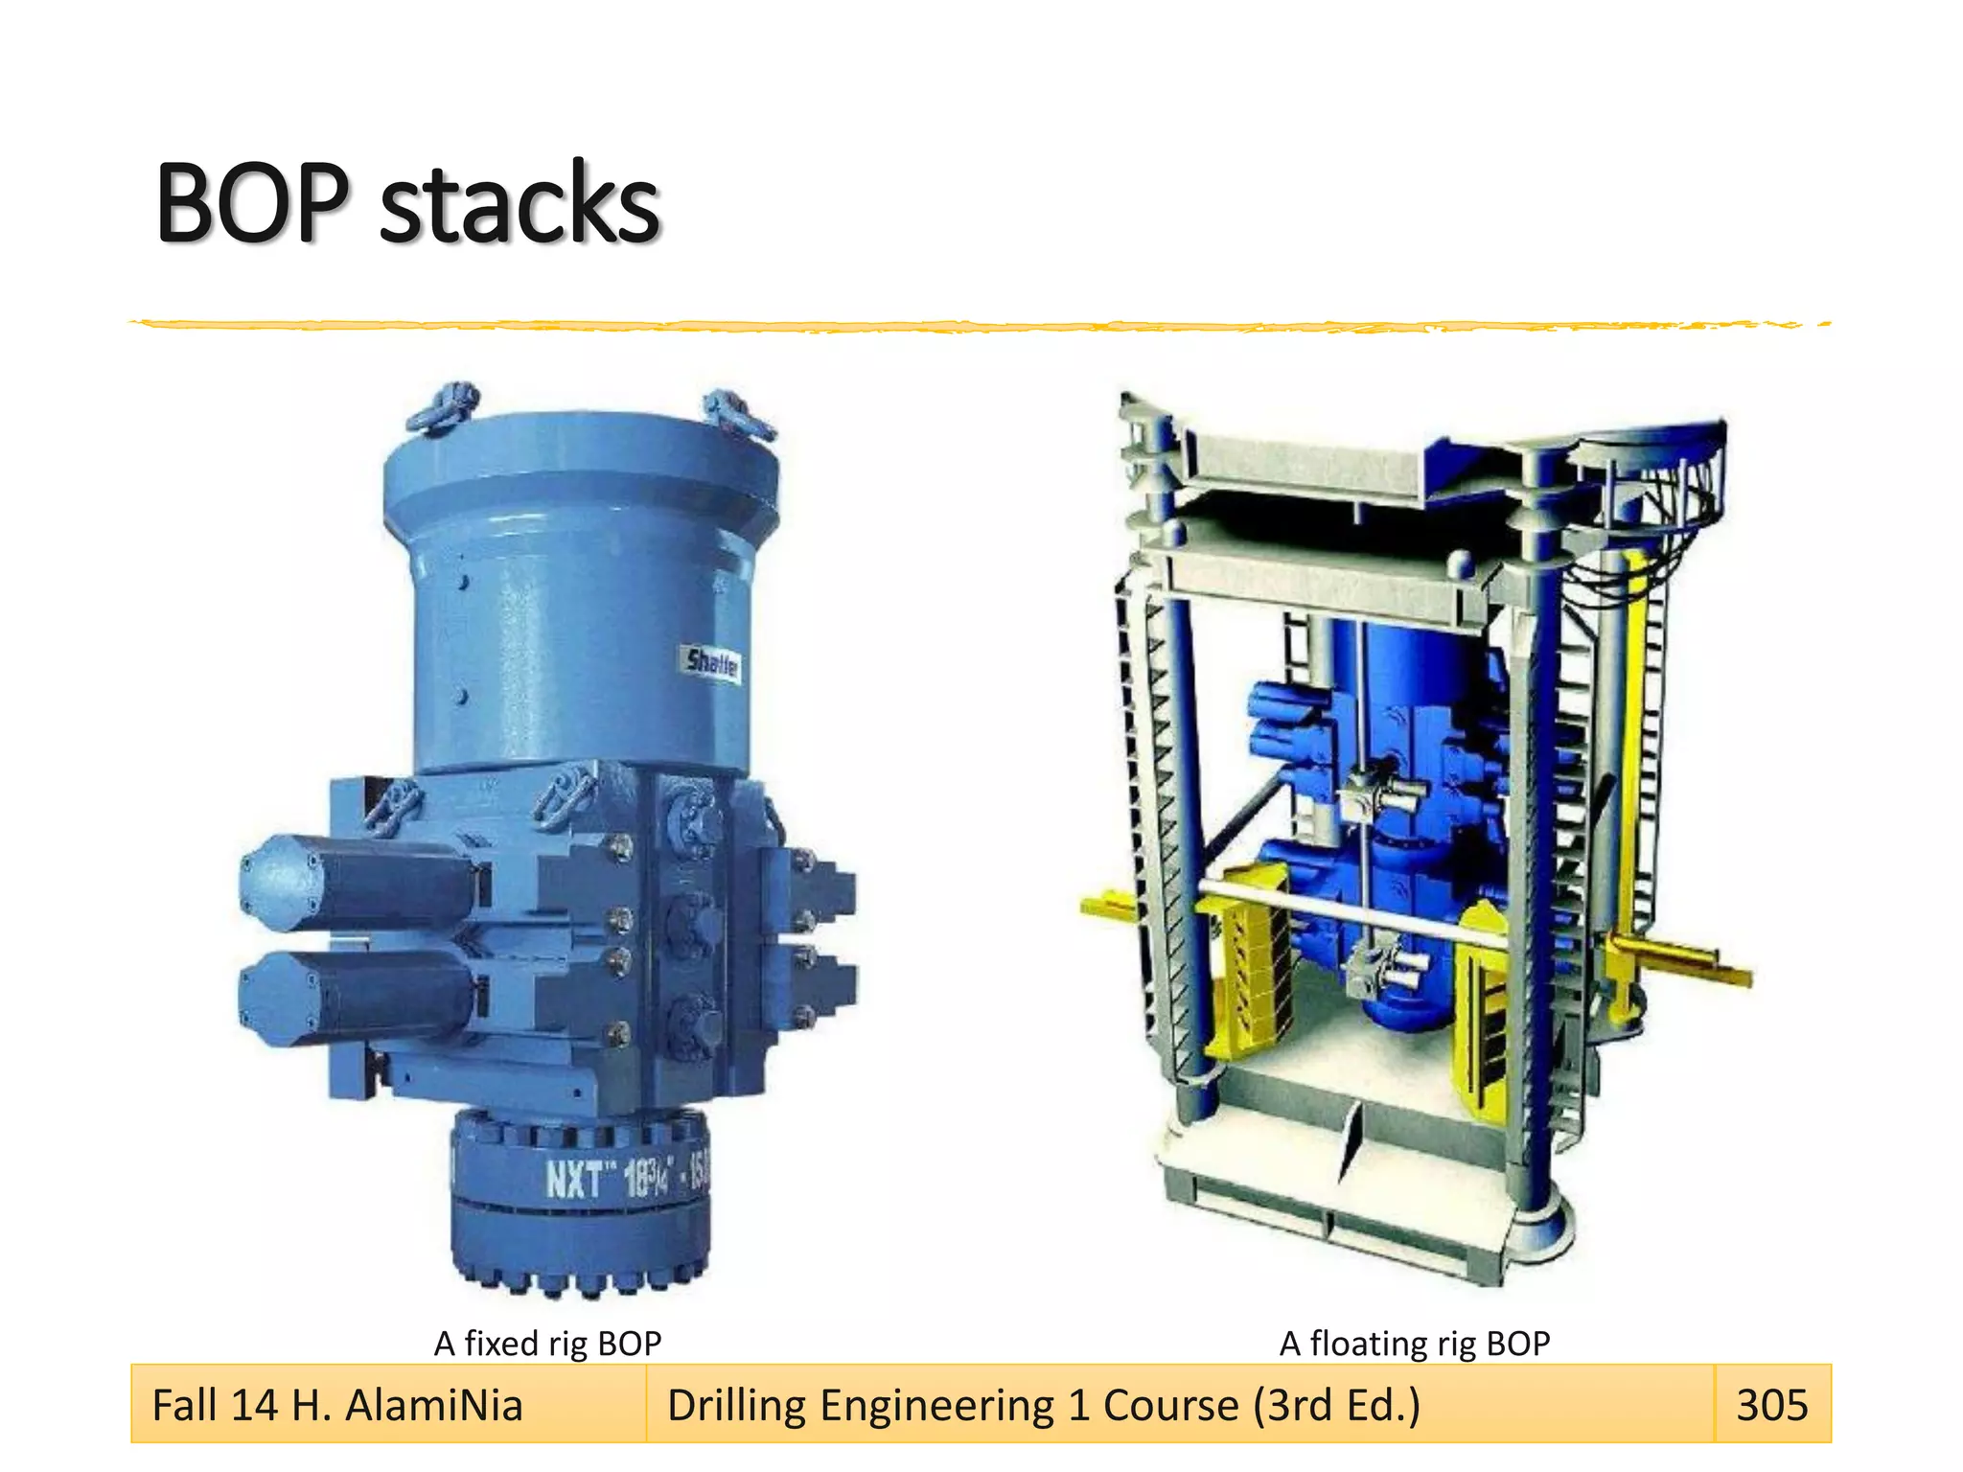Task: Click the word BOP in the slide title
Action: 252,203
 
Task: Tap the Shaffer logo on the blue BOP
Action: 713,662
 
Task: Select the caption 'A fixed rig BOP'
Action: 547,1344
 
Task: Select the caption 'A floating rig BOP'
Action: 1414,1344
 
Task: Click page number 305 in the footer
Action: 1771,1405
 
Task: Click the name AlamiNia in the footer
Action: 433,1406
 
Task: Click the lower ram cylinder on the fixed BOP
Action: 355,997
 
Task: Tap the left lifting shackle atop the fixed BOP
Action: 443,406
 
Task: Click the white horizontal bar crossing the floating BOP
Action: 1342,910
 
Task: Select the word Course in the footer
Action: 1170,1406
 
